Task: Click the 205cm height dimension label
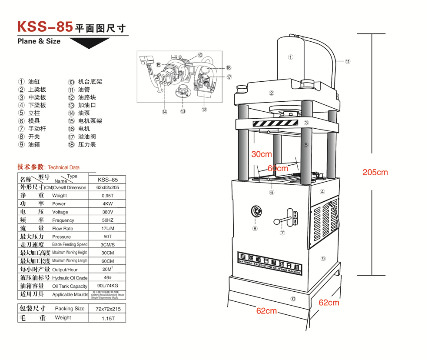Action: (375, 172)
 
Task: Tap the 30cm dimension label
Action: (262, 154)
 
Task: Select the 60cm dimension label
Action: (278, 168)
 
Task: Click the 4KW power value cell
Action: (107, 203)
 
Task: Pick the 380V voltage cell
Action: (107, 212)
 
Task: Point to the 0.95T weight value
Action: (107, 196)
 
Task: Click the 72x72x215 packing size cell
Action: (107, 309)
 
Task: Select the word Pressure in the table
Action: (61, 237)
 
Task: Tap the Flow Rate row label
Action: (63, 228)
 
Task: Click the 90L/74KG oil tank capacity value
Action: (107, 286)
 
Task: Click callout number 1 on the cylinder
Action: (291, 57)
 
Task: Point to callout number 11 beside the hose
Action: (348, 61)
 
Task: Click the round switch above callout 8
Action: (256, 212)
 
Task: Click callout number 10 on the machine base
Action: (293, 299)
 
